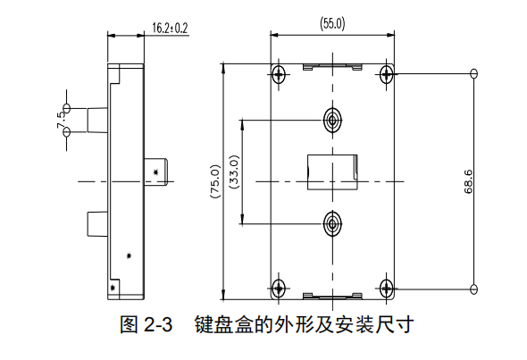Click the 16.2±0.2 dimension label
pyautogui.click(x=170, y=29)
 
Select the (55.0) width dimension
pyautogui.click(x=332, y=24)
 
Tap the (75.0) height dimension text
pyautogui.click(x=215, y=181)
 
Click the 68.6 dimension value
pyautogui.click(x=468, y=182)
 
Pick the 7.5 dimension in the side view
pyautogui.click(x=62, y=120)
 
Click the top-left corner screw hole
pyautogui.click(x=279, y=74)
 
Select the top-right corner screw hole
pyautogui.click(x=387, y=74)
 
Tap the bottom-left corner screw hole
pyautogui.click(x=279, y=288)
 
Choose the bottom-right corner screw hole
pyautogui.click(x=387, y=288)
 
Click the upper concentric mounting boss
pyautogui.click(x=333, y=120)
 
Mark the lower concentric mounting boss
pyautogui.click(x=333, y=223)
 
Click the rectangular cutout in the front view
pyautogui.click(x=332, y=172)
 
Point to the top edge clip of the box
pyautogui.click(x=333, y=67)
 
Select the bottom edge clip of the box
pyautogui.click(x=333, y=296)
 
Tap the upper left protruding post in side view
pyautogui.click(x=97, y=120)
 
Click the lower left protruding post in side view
pyautogui.click(x=97, y=224)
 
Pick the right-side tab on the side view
pyautogui.click(x=156, y=172)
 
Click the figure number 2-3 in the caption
pyautogui.click(x=158, y=325)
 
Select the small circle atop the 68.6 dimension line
pyautogui.click(x=474, y=73)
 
